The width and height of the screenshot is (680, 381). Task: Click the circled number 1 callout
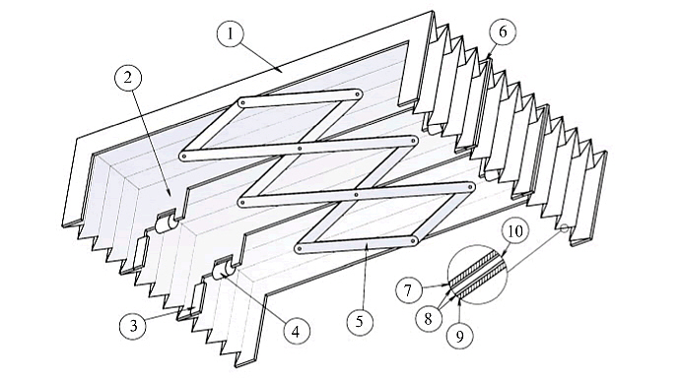pyautogui.click(x=231, y=32)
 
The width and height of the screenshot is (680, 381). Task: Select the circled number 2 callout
pyautogui.click(x=128, y=77)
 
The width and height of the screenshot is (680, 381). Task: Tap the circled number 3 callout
pyautogui.click(x=134, y=325)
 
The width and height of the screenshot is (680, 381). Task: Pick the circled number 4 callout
pyautogui.click(x=297, y=332)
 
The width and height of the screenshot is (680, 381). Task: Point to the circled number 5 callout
pyautogui.click(x=360, y=322)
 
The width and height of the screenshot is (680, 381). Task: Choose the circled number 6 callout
pyautogui.click(x=503, y=32)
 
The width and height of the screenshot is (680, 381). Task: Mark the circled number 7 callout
pyautogui.click(x=409, y=289)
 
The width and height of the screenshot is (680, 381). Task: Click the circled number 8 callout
pyautogui.click(x=429, y=319)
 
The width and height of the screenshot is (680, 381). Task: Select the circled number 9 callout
pyautogui.click(x=460, y=335)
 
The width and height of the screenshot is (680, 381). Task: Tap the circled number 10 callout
pyautogui.click(x=515, y=232)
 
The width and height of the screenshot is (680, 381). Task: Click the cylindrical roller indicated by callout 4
pyautogui.click(x=224, y=271)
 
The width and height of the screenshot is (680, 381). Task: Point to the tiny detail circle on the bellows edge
pyautogui.click(x=565, y=228)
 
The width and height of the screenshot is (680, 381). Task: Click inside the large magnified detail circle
pyautogui.click(x=477, y=275)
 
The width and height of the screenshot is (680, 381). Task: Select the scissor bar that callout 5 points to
pyautogui.click(x=357, y=244)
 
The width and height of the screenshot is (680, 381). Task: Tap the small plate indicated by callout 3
pyautogui.click(x=140, y=252)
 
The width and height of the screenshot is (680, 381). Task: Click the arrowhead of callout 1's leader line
pyautogui.click(x=282, y=70)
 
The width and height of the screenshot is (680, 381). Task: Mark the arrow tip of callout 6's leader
pyautogui.click(x=488, y=57)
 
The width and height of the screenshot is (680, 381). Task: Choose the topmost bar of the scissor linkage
pyautogui.click(x=301, y=98)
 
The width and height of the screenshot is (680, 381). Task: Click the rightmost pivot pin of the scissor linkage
pyautogui.click(x=470, y=186)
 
